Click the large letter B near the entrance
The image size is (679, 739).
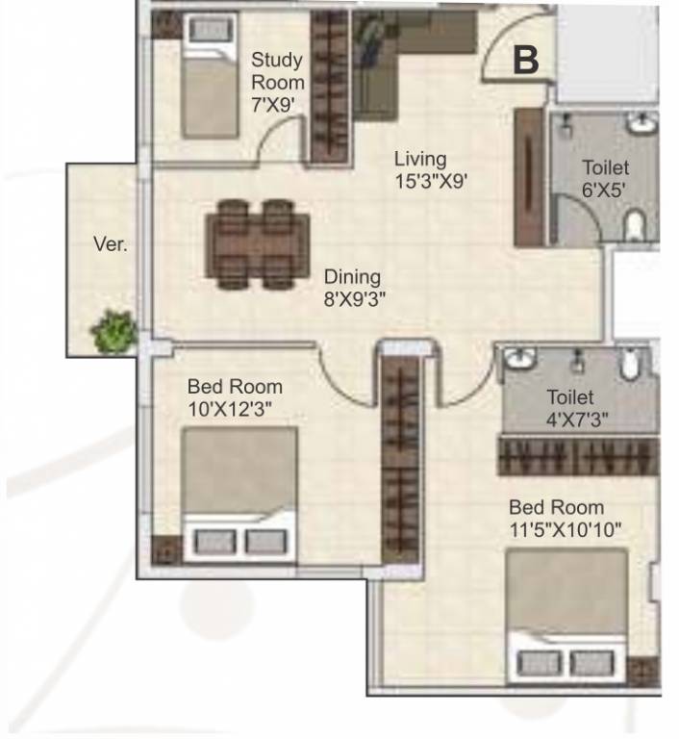tap(525, 60)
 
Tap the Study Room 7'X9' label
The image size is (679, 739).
tap(278, 83)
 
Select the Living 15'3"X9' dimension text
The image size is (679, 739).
tap(431, 170)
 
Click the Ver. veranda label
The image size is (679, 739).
tap(111, 244)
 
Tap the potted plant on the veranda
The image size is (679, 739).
tap(114, 331)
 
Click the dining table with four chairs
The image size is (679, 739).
tap(258, 244)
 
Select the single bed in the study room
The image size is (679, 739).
tap(210, 76)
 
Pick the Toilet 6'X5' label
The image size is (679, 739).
tap(605, 179)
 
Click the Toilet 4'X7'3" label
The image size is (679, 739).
tap(577, 408)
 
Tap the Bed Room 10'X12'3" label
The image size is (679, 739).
tap(235, 397)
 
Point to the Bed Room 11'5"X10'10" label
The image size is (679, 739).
tap(565, 519)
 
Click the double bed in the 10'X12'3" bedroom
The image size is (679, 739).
tap(239, 495)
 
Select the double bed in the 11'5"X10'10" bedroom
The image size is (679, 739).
tap(566, 616)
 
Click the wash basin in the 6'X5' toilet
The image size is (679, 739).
tap(642, 124)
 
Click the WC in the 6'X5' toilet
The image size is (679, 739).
tap(635, 225)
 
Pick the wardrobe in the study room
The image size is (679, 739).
tap(329, 88)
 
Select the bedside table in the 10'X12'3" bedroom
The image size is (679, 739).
tap(166, 549)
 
